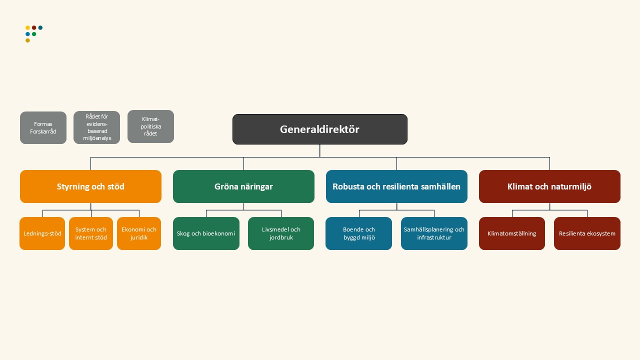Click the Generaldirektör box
click(x=319, y=129)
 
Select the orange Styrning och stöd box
click(x=90, y=186)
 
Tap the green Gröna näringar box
click(x=243, y=186)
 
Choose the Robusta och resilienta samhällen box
click(x=396, y=186)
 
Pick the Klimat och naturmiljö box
click(x=549, y=186)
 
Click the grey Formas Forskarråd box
click(x=43, y=128)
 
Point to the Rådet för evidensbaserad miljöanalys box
click(x=96, y=127)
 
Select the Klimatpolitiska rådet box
click(x=150, y=126)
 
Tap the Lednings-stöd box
click(x=42, y=233)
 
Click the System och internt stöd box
click(x=91, y=233)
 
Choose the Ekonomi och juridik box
click(x=139, y=233)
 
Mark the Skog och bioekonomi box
click(x=206, y=233)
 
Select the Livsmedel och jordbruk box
click(x=281, y=233)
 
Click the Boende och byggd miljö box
click(x=358, y=233)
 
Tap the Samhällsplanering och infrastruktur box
click(x=434, y=233)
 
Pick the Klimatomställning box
click(x=511, y=233)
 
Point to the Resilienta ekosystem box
click(x=587, y=233)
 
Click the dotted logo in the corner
click(x=33, y=33)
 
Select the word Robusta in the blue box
click(x=349, y=187)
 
